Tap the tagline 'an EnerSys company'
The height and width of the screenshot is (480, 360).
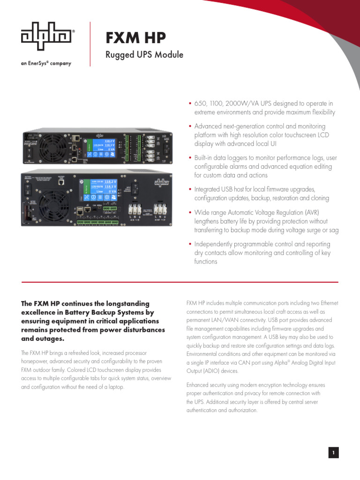tap(46, 63)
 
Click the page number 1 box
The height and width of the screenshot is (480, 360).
tap(333, 452)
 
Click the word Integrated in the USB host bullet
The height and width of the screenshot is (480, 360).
tap(210, 189)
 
